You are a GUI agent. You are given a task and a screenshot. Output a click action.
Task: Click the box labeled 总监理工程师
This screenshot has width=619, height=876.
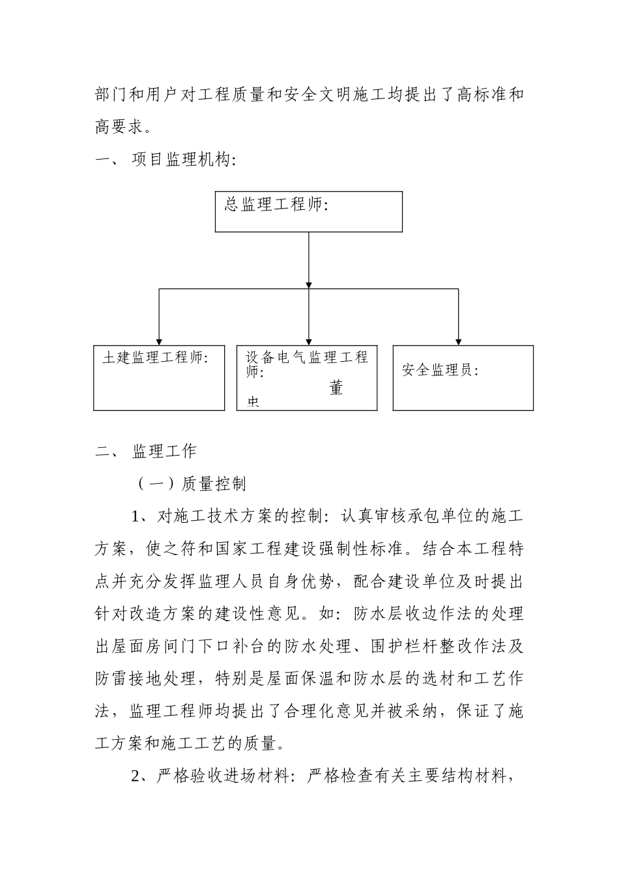(x=308, y=211)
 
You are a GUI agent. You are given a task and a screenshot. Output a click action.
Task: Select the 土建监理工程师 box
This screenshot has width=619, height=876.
(x=159, y=377)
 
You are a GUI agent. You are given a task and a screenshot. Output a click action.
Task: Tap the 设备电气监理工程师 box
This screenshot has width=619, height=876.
(x=307, y=377)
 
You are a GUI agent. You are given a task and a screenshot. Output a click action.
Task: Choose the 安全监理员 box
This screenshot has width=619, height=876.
(x=463, y=377)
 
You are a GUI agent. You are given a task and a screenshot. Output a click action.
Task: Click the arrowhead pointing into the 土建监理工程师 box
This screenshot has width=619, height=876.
(x=159, y=341)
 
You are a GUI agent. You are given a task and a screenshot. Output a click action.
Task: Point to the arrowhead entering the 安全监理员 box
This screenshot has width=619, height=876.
(x=459, y=341)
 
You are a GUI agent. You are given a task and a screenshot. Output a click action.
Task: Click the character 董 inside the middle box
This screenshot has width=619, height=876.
(x=336, y=388)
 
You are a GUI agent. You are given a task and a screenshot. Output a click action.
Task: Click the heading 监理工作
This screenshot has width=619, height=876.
(x=164, y=451)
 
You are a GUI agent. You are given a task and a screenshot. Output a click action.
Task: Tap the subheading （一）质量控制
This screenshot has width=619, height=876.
(x=192, y=484)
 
